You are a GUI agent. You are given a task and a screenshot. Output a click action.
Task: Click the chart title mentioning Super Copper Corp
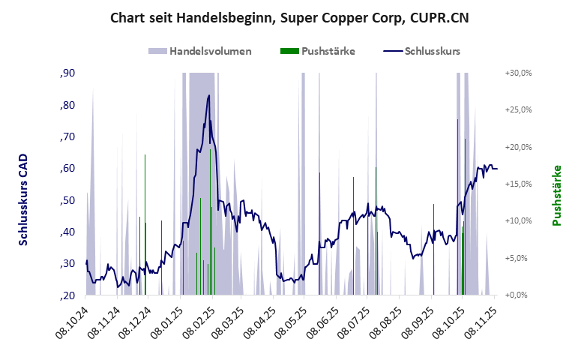(289, 17)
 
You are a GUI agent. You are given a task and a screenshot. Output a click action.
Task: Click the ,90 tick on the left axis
(66, 73)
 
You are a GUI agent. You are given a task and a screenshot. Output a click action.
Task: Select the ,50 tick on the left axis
(66, 200)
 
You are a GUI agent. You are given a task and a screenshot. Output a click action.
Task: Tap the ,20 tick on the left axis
(66, 295)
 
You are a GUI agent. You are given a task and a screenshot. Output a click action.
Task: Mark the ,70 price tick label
(66, 136)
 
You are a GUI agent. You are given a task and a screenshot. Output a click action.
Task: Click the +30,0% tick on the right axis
(517, 73)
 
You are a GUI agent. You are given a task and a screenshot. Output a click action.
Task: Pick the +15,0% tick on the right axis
(517, 184)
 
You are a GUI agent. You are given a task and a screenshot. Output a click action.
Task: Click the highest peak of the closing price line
(209, 95)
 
